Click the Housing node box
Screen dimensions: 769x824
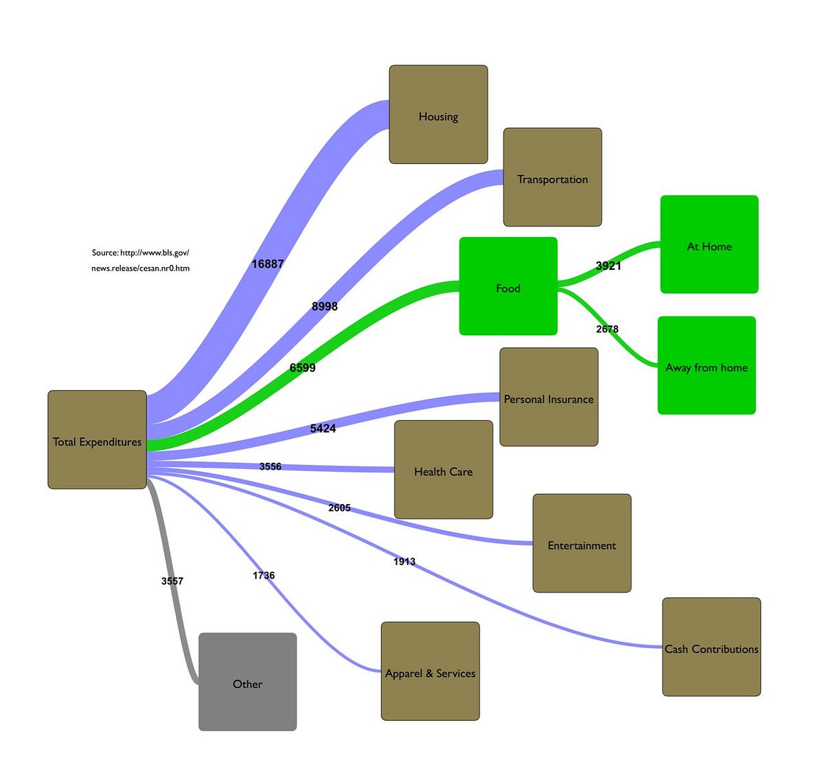438,115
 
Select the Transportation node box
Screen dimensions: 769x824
552,177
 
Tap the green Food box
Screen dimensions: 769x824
508,286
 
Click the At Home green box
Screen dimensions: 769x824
709,244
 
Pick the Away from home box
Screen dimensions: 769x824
707,365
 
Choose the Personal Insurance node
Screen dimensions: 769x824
549,397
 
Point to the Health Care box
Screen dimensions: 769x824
444,470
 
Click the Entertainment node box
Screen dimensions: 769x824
582,543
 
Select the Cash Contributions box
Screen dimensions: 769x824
711,647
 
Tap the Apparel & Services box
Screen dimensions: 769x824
430,672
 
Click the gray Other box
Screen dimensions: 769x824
247,682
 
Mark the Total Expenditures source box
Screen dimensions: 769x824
97,440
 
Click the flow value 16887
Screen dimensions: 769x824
267,264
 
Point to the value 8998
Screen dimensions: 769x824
324,306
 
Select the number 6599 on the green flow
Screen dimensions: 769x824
302,368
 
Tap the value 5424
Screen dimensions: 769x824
323,428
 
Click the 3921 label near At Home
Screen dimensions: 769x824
608,266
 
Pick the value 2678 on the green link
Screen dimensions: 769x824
607,329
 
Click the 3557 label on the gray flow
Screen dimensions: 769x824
172,581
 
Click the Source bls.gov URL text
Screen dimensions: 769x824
140,260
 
